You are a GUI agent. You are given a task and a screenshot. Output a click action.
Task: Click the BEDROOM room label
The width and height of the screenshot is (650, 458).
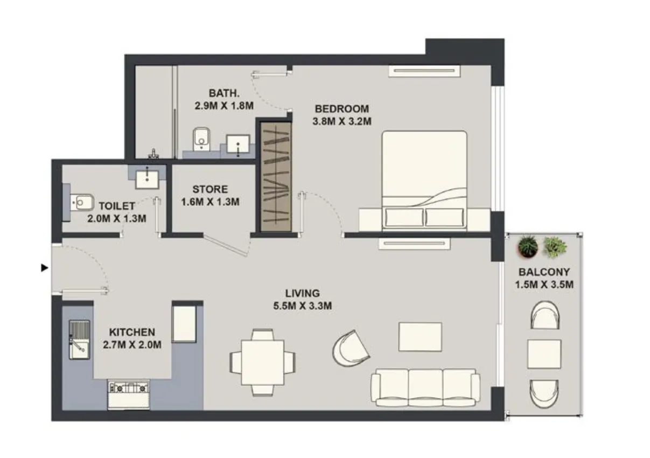pos(341,108)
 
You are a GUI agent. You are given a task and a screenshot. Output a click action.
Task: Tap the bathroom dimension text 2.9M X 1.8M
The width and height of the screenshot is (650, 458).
pos(224,106)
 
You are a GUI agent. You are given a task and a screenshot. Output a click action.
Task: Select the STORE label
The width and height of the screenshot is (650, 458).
pos(210,190)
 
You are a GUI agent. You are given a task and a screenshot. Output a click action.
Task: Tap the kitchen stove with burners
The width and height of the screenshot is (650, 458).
pos(128,387)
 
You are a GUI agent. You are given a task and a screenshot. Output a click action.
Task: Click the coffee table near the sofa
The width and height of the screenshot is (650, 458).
pos(420,337)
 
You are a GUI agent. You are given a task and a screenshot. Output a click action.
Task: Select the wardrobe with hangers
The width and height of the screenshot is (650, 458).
pos(276,177)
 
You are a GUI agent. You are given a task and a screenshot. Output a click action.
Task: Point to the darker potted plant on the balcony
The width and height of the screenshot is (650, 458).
pos(528,247)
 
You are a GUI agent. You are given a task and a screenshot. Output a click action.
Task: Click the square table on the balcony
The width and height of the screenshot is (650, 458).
pos(544,354)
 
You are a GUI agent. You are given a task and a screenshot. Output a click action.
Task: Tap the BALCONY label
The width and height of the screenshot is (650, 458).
pos(543,272)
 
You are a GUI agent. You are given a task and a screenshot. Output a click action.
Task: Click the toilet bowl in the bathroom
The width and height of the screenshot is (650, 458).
pos(201,138)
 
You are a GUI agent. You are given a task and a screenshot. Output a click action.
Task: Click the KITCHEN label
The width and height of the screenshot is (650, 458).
pos(132,332)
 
